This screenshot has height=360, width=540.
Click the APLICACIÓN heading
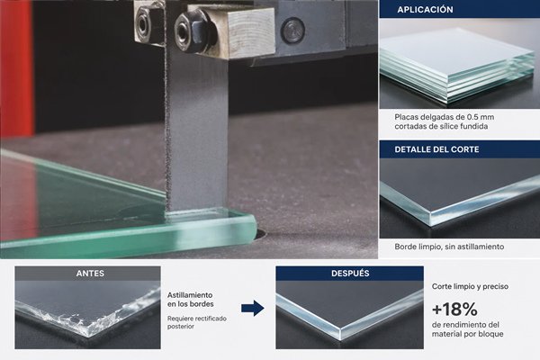pos(425,9)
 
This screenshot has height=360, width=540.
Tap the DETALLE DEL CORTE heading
pos(436,149)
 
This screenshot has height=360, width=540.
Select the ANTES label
pos(90,274)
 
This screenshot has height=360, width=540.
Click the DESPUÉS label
pos(350,274)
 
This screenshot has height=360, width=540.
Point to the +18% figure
pos(454,309)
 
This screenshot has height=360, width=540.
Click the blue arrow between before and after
pos(252,308)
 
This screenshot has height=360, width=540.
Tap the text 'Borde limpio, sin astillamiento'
pos(449,247)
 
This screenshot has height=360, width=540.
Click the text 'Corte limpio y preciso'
pos(470,286)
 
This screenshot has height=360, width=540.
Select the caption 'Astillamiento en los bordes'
pos(190,300)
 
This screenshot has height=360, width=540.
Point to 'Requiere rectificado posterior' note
pos(196,322)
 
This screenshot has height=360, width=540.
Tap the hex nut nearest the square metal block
pos(188,31)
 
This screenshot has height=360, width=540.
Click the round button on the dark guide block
pos(292,30)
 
